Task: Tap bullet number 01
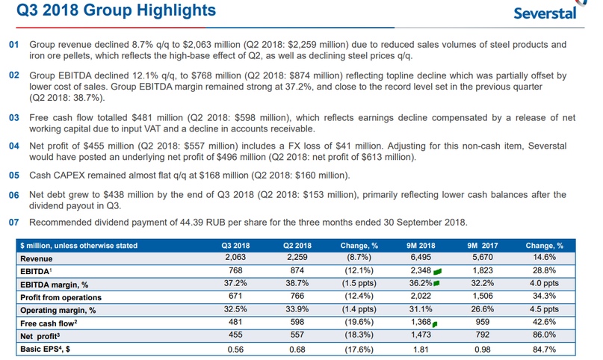click(13, 44)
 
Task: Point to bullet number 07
click(13, 222)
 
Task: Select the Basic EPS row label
click(48, 349)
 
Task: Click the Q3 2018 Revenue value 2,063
click(235, 258)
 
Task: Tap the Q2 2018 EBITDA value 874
click(297, 270)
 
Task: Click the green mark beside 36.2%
click(436, 284)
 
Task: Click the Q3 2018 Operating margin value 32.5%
click(235, 309)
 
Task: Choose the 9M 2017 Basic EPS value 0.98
click(483, 349)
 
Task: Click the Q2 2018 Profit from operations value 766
click(297, 297)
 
